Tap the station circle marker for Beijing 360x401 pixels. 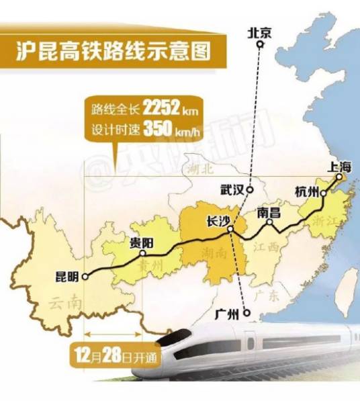[x=259, y=45]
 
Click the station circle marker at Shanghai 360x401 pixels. [x=339, y=177]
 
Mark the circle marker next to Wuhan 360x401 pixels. [x=249, y=189]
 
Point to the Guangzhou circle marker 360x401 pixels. [x=246, y=313]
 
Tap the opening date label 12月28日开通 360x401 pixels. [x=118, y=353]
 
